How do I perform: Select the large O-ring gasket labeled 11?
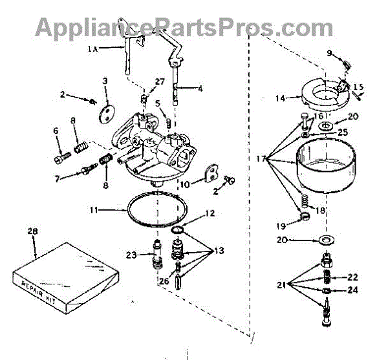click(156, 209)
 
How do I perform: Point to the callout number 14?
click(280, 99)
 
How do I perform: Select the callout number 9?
click(329, 53)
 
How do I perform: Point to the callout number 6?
click(56, 131)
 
